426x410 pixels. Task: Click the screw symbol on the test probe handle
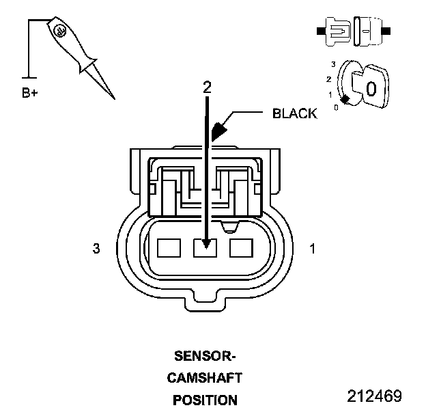click(59, 30)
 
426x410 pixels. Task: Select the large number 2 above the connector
click(207, 87)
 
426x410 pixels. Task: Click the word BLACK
click(294, 113)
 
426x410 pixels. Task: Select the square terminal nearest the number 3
click(169, 247)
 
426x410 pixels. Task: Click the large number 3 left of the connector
click(96, 249)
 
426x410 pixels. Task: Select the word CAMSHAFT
click(205, 377)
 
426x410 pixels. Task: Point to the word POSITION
click(205, 400)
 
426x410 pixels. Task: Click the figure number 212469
click(374, 396)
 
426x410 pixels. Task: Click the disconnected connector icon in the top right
click(352, 31)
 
